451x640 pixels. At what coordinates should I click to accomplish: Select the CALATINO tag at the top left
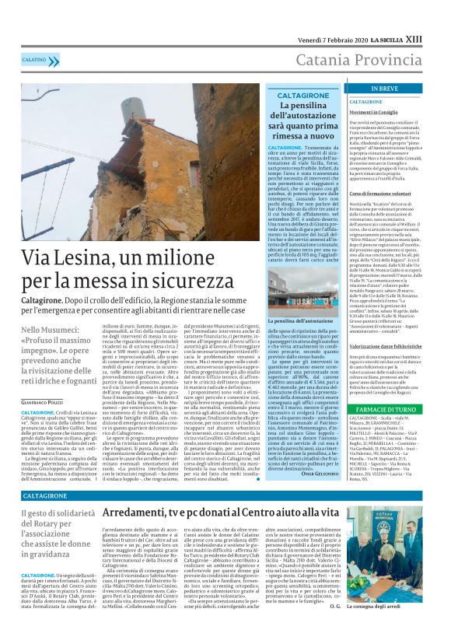pyautogui.click(x=33, y=59)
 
